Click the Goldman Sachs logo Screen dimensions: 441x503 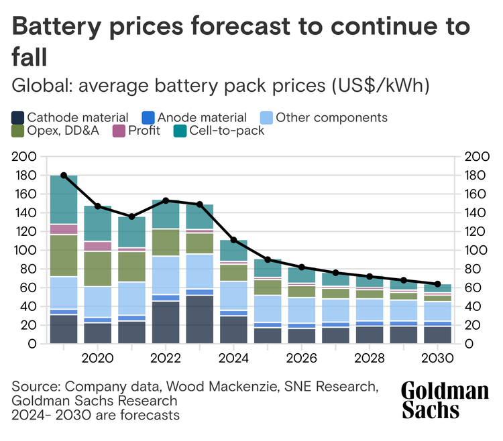tap(445, 400)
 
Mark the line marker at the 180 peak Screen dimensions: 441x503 tap(64, 175)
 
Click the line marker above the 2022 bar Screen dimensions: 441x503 tap(166, 200)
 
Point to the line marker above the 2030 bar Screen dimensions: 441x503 tap(438, 284)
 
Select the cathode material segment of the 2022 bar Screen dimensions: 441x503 tap(166, 322)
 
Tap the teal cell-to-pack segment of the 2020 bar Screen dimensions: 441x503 tap(98, 224)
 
